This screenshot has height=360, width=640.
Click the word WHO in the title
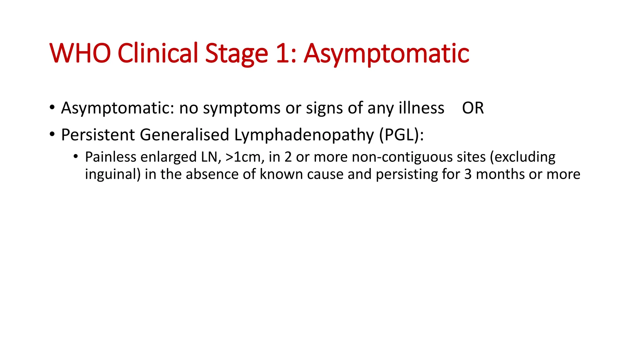pos(80,53)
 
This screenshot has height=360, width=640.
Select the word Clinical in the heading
pos(158,53)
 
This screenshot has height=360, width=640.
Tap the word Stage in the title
pos(237,53)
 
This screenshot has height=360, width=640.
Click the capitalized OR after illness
pos(473,108)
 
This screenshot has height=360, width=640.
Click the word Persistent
pos(98,135)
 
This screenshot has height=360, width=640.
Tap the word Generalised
pos(184,135)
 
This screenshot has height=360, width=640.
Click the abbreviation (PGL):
pos(402,135)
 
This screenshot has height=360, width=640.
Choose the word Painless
pos(110,157)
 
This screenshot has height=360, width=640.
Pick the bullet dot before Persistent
pos(52,134)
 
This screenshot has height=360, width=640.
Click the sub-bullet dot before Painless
pos(76,156)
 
